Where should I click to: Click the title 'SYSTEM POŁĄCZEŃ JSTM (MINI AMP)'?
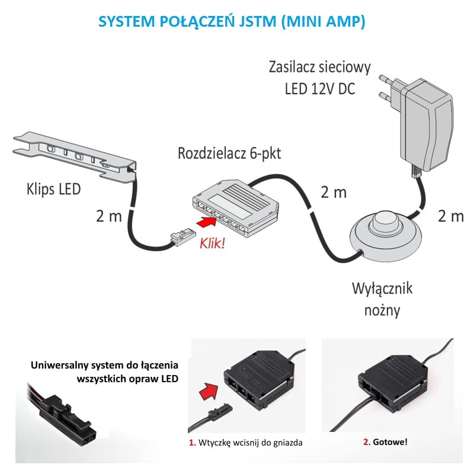(232, 22)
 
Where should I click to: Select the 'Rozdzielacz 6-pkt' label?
(229, 154)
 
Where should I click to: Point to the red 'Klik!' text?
(212, 243)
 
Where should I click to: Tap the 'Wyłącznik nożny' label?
(382, 299)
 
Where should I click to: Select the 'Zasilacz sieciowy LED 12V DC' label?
(319, 78)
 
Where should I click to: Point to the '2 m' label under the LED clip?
(108, 216)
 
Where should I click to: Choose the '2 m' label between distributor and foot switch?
(334, 193)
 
